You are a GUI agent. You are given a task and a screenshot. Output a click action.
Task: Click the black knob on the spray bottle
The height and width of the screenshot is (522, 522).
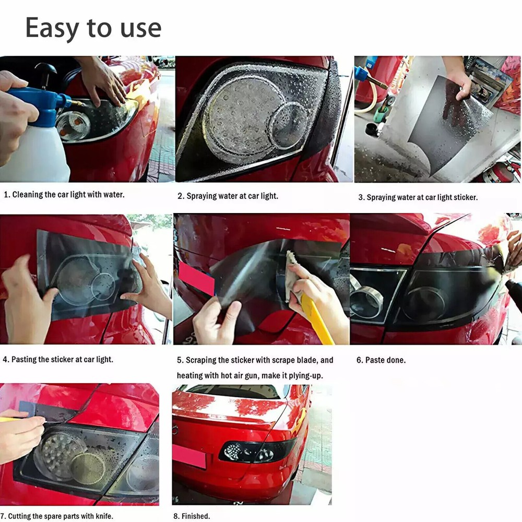click(45, 70)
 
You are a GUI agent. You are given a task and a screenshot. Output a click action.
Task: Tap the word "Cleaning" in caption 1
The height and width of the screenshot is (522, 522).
click(28, 194)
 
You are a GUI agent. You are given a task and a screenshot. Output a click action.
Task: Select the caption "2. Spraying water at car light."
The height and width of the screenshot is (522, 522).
click(228, 196)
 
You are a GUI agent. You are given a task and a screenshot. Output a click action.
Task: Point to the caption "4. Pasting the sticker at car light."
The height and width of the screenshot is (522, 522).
click(58, 360)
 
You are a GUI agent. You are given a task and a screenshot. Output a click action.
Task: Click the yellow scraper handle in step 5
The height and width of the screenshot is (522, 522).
click(316, 319)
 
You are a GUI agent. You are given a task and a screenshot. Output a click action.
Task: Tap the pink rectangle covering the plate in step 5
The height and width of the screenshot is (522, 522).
click(196, 279)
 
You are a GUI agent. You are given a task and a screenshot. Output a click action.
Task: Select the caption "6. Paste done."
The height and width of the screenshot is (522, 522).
click(381, 360)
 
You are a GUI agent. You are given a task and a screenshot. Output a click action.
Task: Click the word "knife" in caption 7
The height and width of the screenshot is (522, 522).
click(104, 516)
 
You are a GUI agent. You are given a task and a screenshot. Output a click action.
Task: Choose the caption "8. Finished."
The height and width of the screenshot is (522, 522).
click(192, 516)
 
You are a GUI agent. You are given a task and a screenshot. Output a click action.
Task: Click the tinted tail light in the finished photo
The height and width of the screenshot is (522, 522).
click(256, 452)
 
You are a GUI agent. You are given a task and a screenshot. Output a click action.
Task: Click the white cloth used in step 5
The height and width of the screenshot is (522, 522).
click(292, 275)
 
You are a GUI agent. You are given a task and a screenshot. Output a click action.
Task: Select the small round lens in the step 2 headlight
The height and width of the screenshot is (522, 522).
click(288, 125)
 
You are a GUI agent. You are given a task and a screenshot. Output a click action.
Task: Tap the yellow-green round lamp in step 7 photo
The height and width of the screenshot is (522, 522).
click(88, 468)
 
